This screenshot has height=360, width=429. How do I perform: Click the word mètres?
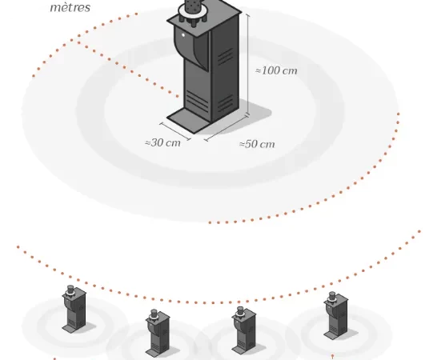pos(70,7)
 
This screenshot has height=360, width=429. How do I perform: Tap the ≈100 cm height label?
pos(276,71)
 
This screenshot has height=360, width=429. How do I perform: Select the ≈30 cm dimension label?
pos(162,142)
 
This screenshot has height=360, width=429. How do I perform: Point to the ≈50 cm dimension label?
pos(257,144)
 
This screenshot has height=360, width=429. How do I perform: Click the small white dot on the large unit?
pos(183,35)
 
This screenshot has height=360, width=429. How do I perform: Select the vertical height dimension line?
pos(248,65)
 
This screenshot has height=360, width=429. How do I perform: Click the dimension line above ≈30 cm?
pos(175,131)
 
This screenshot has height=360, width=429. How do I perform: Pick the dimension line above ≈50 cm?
pos(227,128)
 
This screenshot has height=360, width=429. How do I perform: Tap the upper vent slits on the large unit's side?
pos(226,56)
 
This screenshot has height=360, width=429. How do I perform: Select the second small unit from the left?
pos(158,333)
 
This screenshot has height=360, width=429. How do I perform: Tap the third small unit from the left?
pos(244,330)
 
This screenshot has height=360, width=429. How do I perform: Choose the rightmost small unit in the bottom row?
pos(336,316)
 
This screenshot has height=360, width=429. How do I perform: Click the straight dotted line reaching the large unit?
pos(128,69)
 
